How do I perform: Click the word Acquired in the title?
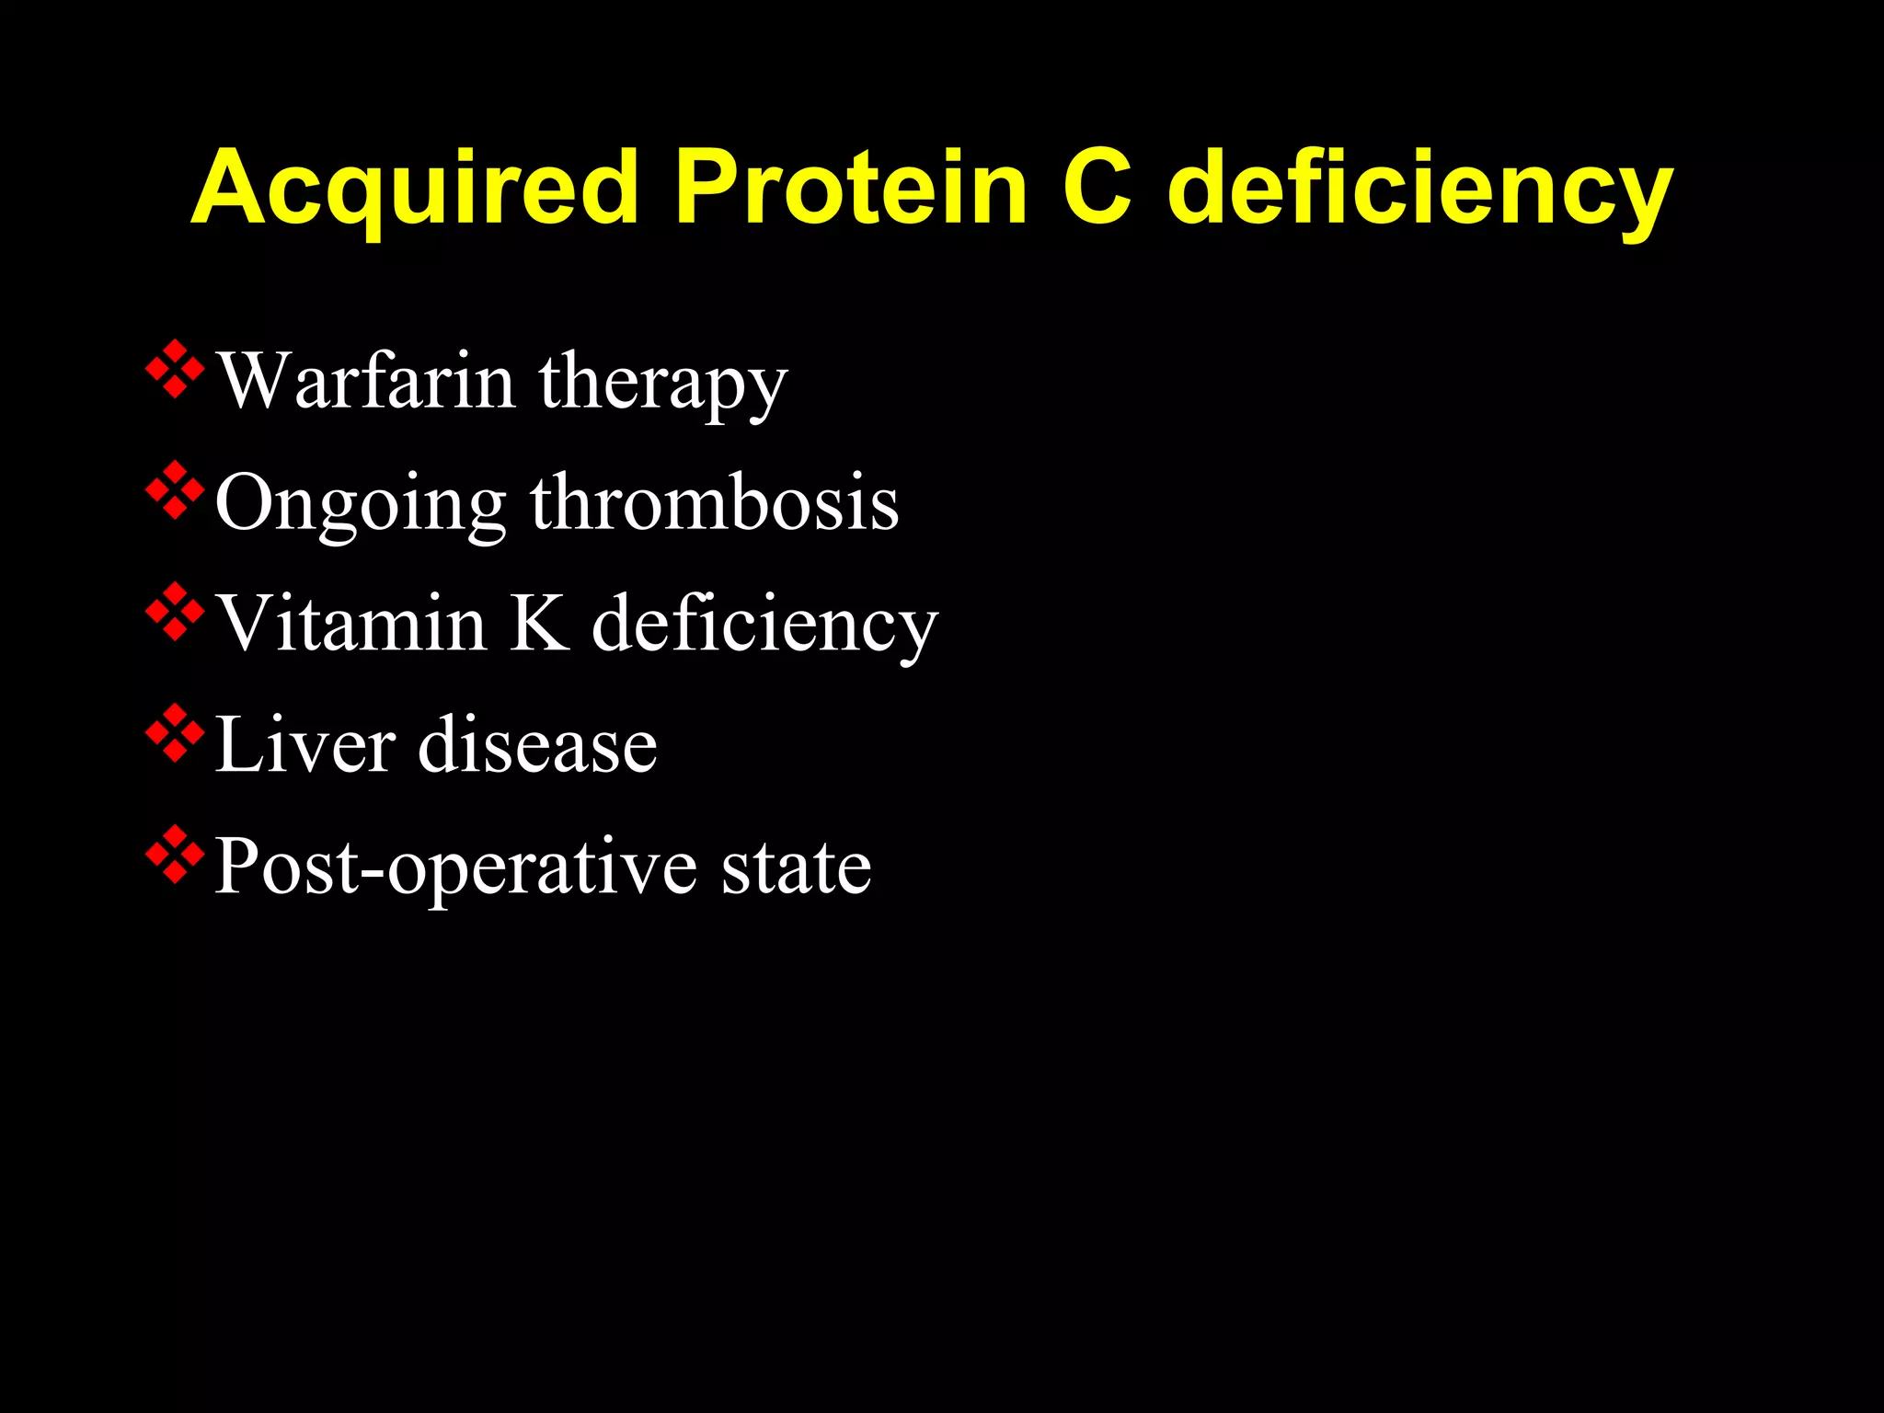pyautogui.click(x=415, y=188)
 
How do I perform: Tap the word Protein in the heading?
pyautogui.click(x=851, y=188)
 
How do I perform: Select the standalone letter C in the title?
pyautogui.click(x=1097, y=188)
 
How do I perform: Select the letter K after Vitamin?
pyautogui.click(x=539, y=624)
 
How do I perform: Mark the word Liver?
pyautogui.click(x=305, y=744)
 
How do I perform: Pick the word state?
pyautogui.click(x=796, y=867)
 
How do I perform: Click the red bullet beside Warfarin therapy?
pyautogui.click(x=175, y=370)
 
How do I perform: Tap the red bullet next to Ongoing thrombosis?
pyautogui.click(x=175, y=491)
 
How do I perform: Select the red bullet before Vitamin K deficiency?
pyautogui.click(x=175, y=612)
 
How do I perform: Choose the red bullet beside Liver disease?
pyautogui.click(x=175, y=733)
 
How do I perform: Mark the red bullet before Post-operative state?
pyautogui.click(x=175, y=855)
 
